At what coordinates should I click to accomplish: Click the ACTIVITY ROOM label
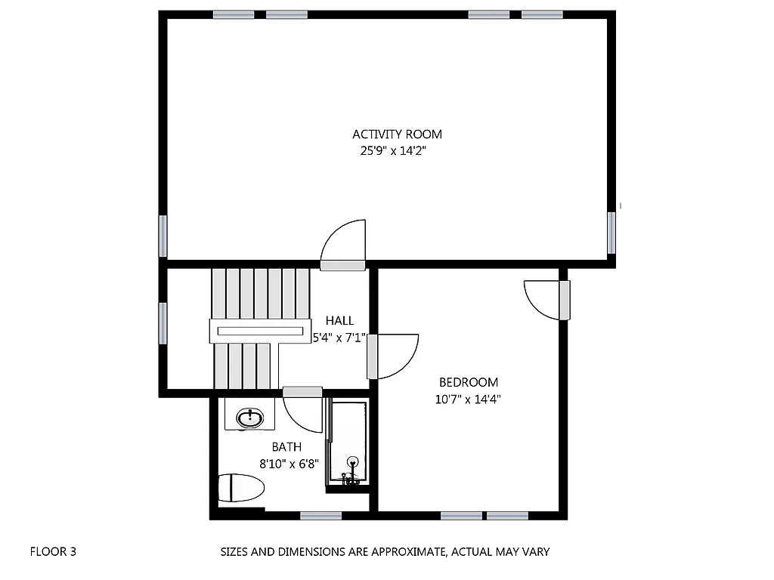coord(397,134)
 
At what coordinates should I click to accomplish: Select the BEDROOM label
coord(469,382)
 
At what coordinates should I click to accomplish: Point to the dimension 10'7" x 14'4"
coord(469,400)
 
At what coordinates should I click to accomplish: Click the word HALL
coord(339,321)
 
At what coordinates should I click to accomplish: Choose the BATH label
coord(287,447)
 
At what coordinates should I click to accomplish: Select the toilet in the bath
coord(241,488)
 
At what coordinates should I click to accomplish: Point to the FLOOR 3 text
coord(53,551)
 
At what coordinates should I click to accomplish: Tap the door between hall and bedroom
coord(393,356)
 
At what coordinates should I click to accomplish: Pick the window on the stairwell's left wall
coord(163,322)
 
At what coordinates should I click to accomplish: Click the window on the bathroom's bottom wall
coord(320,516)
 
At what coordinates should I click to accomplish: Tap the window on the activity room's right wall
coord(611,232)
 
